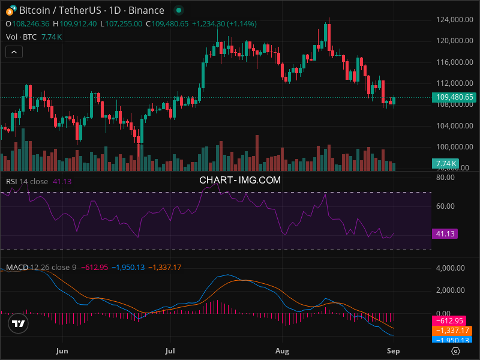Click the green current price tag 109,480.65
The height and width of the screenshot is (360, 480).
coord(453,97)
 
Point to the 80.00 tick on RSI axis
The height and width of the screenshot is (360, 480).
coord(445,178)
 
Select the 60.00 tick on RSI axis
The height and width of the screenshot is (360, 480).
coord(445,206)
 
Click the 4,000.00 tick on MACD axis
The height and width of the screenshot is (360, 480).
coord(449,268)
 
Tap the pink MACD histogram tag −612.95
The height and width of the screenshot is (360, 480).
coord(451,320)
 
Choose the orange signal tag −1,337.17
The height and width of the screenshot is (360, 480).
coord(451,331)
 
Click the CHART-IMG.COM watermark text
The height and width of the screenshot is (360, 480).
coord(240,179)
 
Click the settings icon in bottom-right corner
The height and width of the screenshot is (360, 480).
coord(456,351)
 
